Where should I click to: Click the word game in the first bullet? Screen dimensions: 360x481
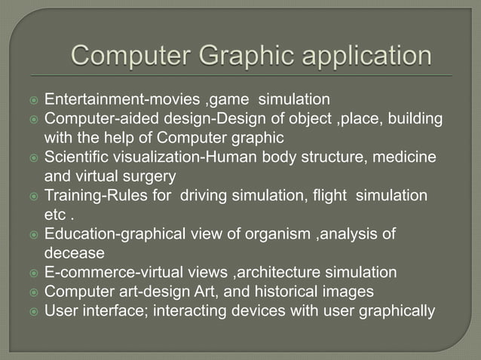230,99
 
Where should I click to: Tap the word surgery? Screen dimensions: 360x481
150,176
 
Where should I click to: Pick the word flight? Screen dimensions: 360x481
323,196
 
